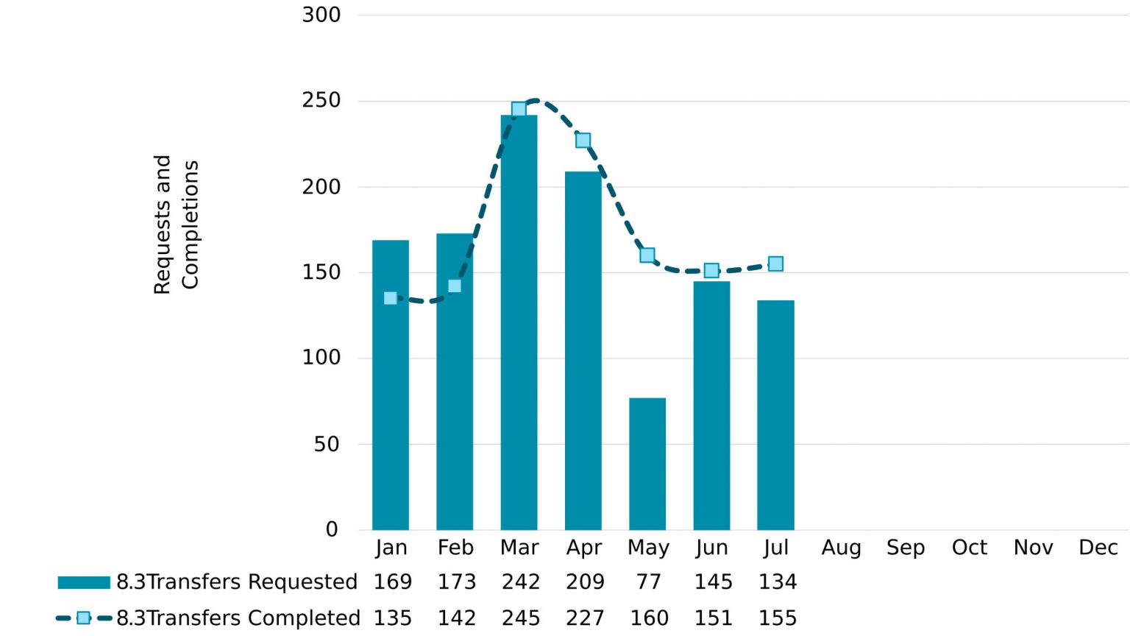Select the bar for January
(391, 412)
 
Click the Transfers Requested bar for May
(647, 464)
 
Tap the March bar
(519, 331)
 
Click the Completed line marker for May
(647, 255)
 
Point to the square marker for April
(583, 141)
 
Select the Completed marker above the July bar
(775, 264)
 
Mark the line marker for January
(391, 298)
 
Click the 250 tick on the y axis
(321, 100)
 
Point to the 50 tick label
(327, 444)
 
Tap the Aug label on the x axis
(841, 548)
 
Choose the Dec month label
(1098, 548)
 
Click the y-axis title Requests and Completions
(177, 225)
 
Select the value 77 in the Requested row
(648, 582)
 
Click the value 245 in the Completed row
(521, 618)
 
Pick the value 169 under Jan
(392, 582)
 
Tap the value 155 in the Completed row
(778, 618)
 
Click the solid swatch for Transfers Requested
(84, 582)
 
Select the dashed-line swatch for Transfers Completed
(84, 618)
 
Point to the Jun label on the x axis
(711, 548)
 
